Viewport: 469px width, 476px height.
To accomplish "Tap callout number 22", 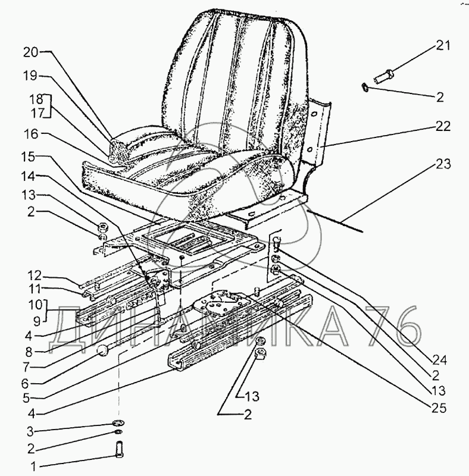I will click(442, 126).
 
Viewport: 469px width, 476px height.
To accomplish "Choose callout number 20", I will click(30, 52).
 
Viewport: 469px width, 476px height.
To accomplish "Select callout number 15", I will click(30, 156).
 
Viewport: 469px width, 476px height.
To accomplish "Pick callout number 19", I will click(30, 76).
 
